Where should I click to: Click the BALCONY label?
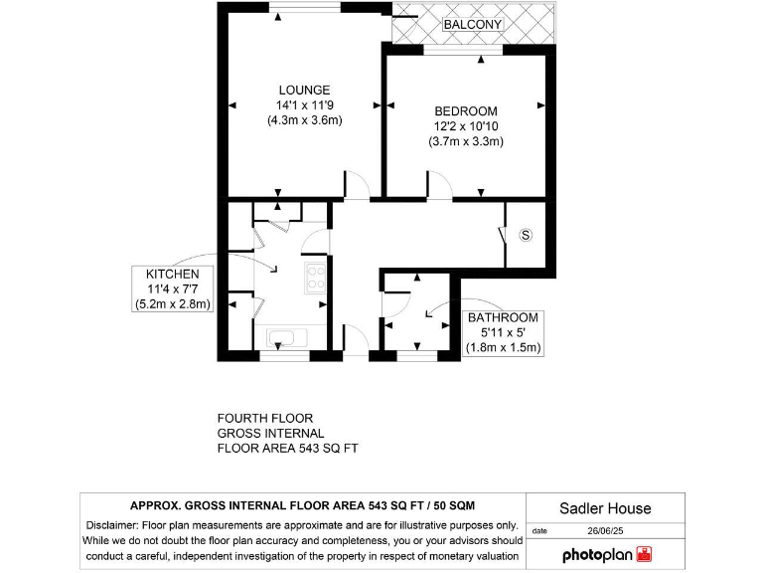coord(473,24)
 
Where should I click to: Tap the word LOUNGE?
coord(304,91)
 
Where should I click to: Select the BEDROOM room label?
coord(466,110)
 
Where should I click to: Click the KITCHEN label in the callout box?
coord(173,274)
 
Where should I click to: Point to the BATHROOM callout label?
coord(503,317)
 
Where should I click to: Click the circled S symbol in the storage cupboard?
coord(526,236)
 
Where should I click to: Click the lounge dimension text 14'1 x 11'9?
coord(304,105)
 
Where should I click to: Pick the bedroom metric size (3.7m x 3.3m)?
coord(466,141)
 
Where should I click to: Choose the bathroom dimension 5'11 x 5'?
coord(503,332)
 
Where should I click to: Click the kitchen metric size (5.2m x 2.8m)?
coord(173,304)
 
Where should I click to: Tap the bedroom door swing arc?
coord(440,184)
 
